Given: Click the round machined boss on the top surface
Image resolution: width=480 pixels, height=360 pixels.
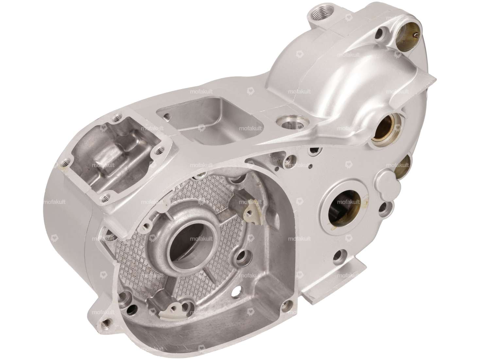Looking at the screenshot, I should click(288, 124).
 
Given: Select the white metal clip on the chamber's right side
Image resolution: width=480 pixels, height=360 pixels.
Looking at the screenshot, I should click(252, 205).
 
